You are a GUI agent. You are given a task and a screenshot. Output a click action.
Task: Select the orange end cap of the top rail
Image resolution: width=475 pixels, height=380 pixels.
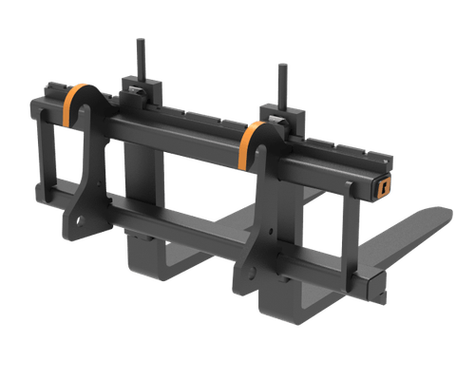pyautogui.click(x=383, y=187)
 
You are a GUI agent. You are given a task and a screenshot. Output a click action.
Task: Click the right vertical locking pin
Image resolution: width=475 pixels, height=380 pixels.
pyautogui.click(x=281, y=84)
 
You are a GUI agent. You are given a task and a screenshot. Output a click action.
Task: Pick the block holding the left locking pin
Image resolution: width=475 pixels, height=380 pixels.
pyautogui.click(x=140, y=90)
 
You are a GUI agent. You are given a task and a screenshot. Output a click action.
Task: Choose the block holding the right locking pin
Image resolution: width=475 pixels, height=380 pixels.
pyautogui.click(x=282, y=121)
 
